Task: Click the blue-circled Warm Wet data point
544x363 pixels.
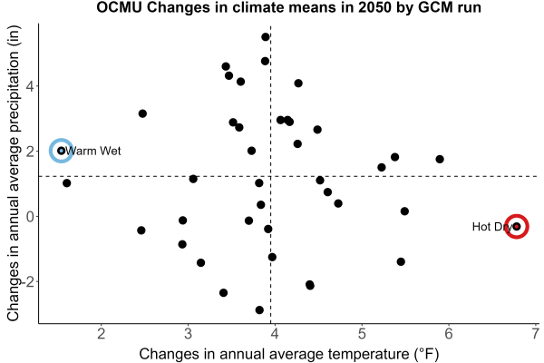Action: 62,151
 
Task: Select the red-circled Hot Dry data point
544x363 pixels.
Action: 517,227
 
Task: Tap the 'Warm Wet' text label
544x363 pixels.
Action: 93,151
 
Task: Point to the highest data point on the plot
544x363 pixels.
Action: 266,37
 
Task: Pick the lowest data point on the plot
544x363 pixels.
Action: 259,309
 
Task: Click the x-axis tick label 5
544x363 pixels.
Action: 362,334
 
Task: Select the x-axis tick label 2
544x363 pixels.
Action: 101,334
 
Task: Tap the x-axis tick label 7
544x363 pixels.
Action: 536,334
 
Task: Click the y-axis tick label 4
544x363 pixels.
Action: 30,86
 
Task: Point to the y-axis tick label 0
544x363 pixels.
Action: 30,216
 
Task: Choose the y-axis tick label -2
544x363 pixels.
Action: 27,281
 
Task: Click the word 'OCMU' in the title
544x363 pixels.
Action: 119,7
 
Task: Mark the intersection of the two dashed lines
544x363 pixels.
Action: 270,176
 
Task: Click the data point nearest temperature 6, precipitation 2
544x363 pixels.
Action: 440,159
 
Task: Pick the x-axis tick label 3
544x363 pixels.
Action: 188,334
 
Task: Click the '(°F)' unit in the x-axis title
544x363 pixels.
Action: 427,354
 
